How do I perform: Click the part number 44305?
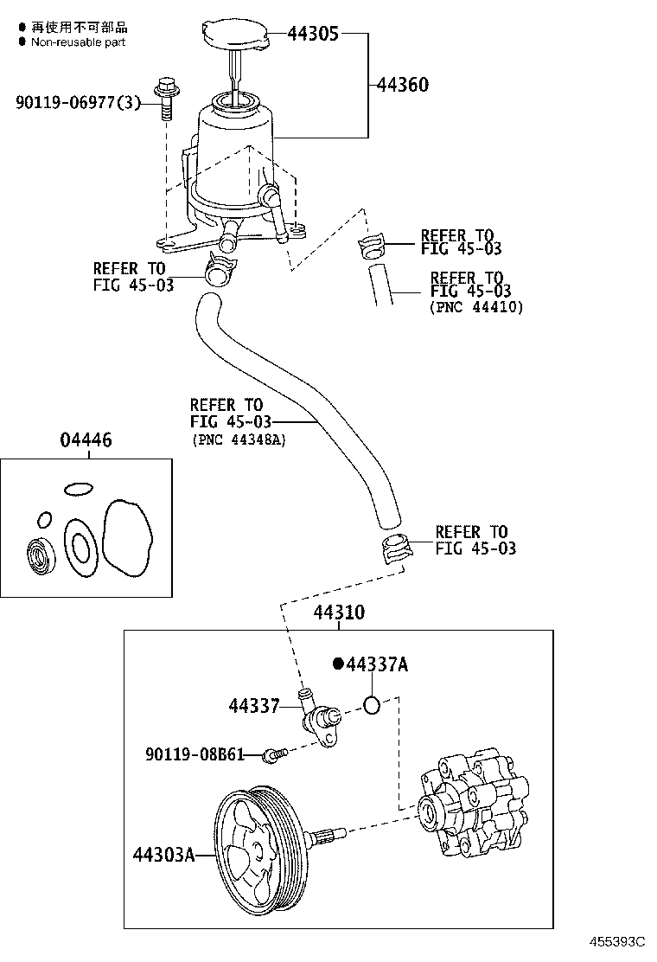point(313,33)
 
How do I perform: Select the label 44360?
point(403,84)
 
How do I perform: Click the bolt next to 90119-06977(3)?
point(165,98)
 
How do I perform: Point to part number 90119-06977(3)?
point(78,102)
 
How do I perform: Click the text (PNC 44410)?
point(476,307)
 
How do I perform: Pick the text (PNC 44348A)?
point(238,439)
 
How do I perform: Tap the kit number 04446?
point(86,439)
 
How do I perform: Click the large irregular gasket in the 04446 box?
point(127,537)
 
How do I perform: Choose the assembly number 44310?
point(339,612)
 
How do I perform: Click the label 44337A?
point(377,664)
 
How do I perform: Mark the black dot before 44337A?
point(338,664)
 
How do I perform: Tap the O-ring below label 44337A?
point(372,705)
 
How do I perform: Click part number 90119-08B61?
point(195,754)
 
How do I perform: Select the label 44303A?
point(163,854)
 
